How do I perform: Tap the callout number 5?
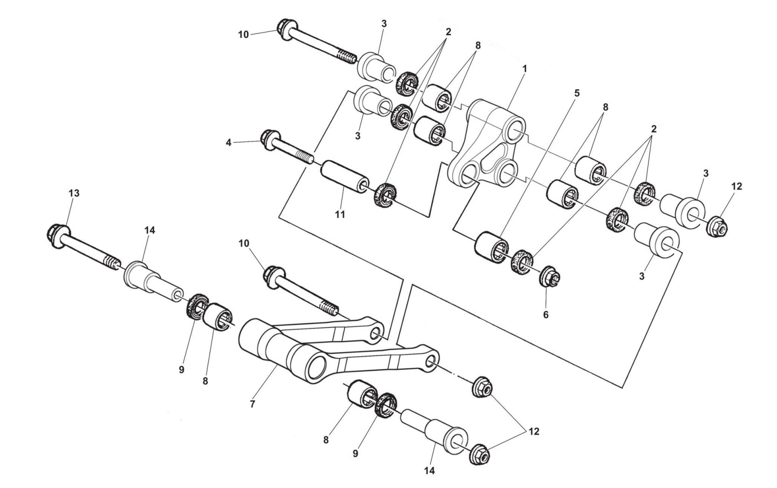coord(577,93)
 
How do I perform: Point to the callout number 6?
coord(545,315)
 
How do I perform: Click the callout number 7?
coord(252,404)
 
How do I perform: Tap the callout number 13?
coord(75,193)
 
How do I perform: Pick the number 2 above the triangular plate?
coord(448,32)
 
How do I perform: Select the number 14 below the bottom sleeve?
coord(429,471)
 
